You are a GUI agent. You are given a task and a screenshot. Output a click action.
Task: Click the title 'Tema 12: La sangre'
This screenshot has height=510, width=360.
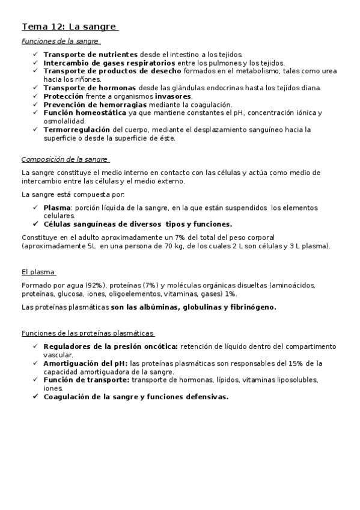click(69, 26)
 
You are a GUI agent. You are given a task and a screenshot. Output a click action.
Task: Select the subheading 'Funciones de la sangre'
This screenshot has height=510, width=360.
click(59, 41)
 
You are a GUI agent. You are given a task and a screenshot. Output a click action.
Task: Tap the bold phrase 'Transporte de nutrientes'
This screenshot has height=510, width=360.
click(90, 54)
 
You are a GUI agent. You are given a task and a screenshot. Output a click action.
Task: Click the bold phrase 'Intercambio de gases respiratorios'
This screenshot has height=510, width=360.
click(109, 63)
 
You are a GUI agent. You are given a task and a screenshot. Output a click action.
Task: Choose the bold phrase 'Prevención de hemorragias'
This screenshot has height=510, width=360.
click(90, 105)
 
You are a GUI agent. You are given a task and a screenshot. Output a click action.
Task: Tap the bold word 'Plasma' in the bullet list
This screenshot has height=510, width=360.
click(57, 208)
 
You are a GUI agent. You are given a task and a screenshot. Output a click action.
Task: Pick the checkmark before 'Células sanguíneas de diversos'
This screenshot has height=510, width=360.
click(35, 224)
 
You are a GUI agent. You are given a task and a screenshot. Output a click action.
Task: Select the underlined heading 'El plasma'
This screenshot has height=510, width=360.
click(38, 272)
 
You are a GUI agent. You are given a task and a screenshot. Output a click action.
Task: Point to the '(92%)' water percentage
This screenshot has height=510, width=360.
click(96, 284)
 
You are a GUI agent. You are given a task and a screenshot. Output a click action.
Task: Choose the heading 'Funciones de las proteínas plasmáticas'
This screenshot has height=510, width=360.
click(88, 333)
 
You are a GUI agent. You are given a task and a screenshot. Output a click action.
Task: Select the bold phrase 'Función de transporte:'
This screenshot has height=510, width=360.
click(86, 380)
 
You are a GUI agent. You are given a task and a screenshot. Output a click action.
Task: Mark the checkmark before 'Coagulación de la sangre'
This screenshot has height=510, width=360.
click(35, 397)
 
